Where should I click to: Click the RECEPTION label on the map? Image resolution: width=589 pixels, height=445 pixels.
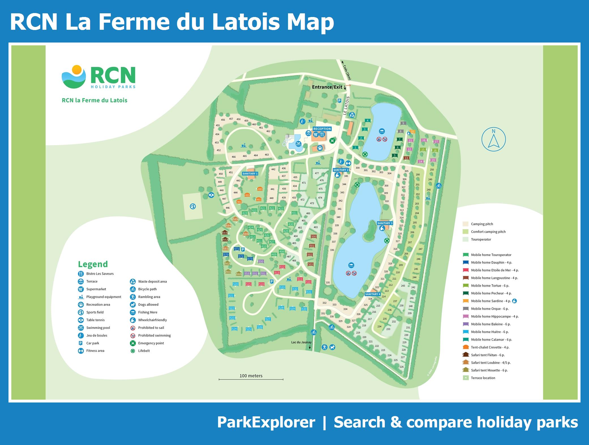322,129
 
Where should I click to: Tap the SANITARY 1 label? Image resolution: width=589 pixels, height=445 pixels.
250,173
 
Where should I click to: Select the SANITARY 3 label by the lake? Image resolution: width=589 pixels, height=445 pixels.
385,223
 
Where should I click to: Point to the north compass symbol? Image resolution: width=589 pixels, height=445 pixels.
494,139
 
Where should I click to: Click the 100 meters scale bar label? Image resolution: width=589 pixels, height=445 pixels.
251,376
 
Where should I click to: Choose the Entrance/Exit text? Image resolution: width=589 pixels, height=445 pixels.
327,87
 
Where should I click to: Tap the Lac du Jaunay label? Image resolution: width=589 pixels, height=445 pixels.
301,342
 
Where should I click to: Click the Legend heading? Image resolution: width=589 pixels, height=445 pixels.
93,264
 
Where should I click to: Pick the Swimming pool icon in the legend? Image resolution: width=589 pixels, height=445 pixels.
81,328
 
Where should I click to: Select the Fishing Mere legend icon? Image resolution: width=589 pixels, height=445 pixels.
133,312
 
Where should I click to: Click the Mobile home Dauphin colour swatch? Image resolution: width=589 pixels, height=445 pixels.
466,262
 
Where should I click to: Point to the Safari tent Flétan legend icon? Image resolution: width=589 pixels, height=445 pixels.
466,355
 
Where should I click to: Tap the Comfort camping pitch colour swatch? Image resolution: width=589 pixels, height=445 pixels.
466,232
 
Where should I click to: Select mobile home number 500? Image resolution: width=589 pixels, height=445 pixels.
313,236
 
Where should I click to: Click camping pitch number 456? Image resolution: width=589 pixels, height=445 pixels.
223,120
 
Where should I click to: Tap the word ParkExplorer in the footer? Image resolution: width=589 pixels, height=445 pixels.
266,422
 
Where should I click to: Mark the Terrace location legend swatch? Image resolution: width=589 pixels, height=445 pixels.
466,378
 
